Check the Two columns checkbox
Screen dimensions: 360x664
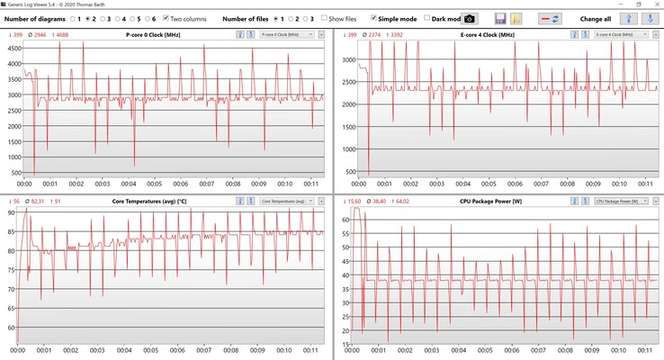coord(166,18)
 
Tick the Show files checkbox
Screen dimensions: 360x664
coord(325,18)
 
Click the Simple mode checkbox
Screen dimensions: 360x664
coord(374,18)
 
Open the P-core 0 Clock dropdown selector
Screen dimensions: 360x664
coord(286,34)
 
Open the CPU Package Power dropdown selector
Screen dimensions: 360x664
coord(618,202)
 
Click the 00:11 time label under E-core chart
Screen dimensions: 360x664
coord(645,182)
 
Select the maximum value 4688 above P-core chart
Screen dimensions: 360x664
coord(61,34)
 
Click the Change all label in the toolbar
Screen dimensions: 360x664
coord(596,18)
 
